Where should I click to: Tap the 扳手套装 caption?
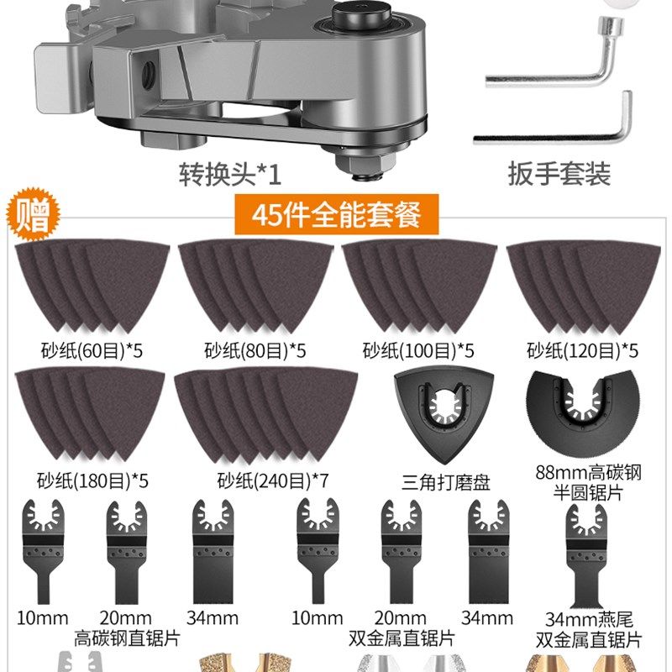tap(559, 174)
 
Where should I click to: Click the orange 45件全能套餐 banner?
tap(335, 215)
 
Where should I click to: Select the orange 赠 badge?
tap(30, 215)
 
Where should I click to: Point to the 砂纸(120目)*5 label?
tap(582, 349)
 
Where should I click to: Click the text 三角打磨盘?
tap(445, 481)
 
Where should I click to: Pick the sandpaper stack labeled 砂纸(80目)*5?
tap(252, 286)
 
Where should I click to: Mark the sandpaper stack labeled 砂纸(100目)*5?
tap(416, 286)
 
